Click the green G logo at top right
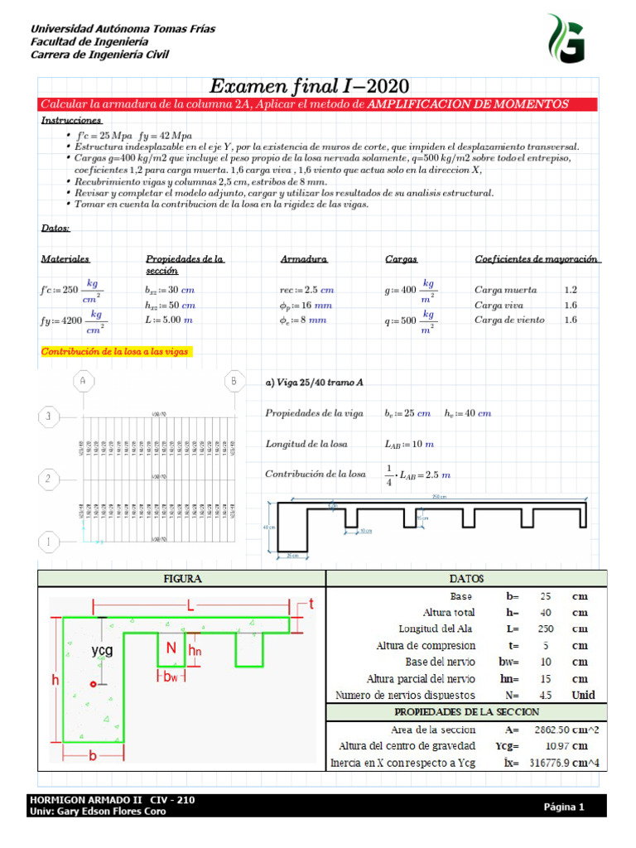coord(565,38)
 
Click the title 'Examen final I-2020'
coord(309,86)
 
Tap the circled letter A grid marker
coord(83,381)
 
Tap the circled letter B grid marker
coord(234,381)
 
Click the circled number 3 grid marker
coord(49,417)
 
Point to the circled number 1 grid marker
coord(49,542)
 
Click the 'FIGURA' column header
coord(182,578)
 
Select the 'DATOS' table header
coord(467,578)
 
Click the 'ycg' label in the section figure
coord(102,650)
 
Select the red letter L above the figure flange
coord(191,607)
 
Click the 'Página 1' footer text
coord(564,807)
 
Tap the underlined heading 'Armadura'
coord(304,259)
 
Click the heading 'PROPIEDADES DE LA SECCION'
coord(466,712)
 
